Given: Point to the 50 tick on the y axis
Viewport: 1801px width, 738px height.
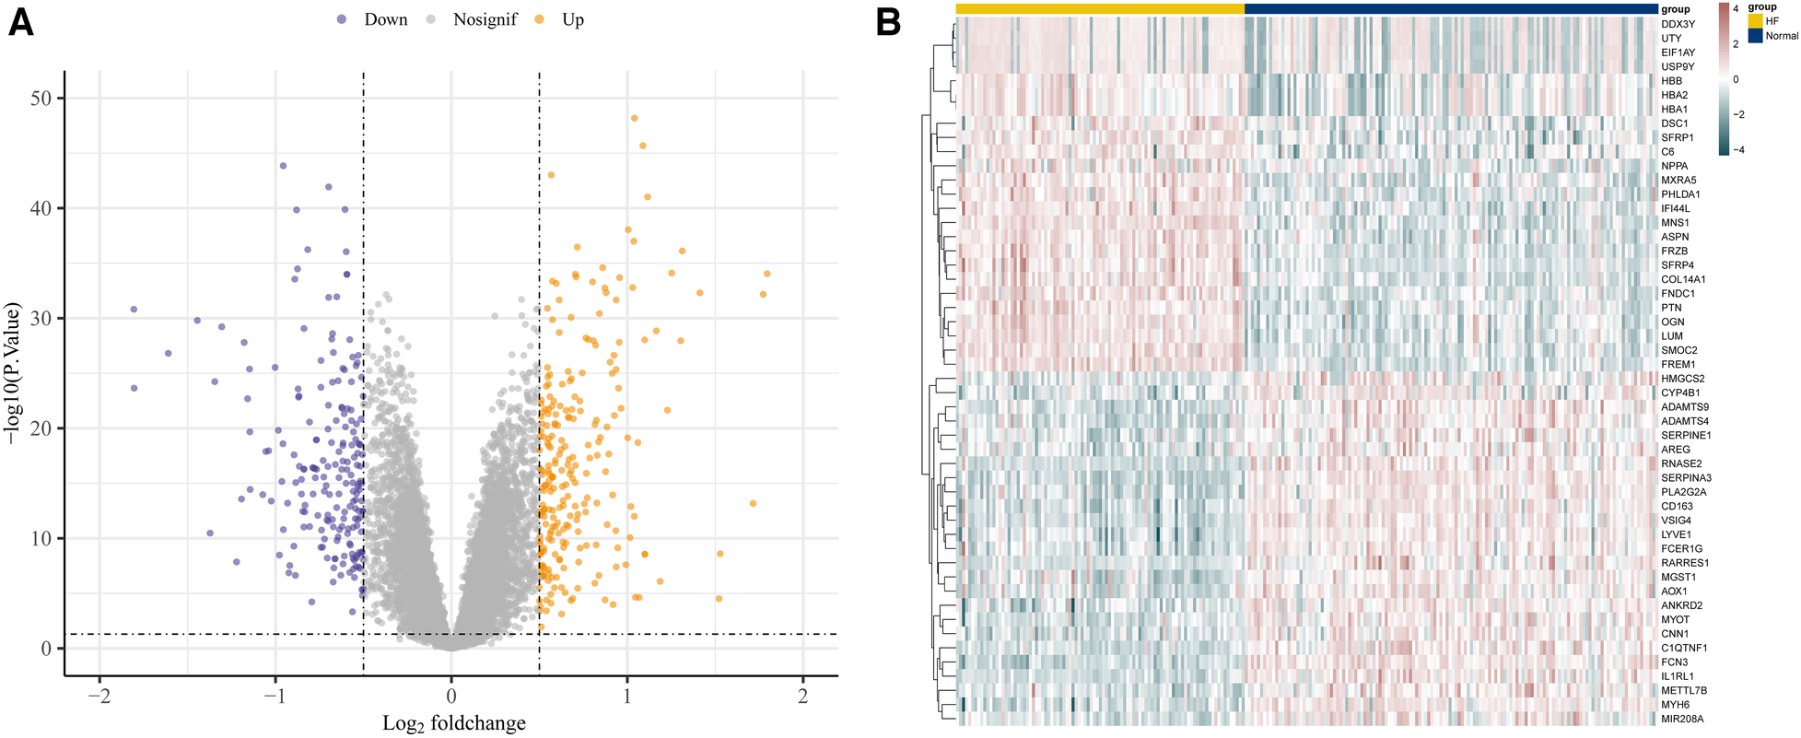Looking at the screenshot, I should (x=41, y=99).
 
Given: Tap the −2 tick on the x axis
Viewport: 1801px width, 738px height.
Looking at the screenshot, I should (x=99, y=697).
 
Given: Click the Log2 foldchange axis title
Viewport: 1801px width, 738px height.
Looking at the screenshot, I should (x=454, y=723).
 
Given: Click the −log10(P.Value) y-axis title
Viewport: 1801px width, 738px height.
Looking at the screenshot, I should (x=14, y=373).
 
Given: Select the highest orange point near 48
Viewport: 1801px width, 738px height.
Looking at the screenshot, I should (x=634, y=118).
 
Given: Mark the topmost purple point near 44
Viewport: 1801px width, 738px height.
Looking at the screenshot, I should (x=283, y=166).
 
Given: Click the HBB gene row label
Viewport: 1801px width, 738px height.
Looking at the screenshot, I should (x=1671, y=81).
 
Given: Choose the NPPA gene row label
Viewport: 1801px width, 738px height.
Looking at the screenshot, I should (x=1674, y=166).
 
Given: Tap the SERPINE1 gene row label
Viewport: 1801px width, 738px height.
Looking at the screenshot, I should (x=1685, y=435).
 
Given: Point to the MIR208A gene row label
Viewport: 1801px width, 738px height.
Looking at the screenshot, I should (x=1681, y=719).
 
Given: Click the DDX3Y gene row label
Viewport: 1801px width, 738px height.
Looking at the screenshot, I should (x=1677, y=24).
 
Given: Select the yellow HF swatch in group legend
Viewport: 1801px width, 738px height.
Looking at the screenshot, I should (x=1754, y=21).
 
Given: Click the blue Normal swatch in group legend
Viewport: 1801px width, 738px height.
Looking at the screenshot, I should (x=1754, y=36).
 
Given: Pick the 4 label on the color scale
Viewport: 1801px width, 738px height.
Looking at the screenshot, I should (x=1736, y=8).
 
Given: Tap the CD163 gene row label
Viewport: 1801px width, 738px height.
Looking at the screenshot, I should (x=1677, y=506).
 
